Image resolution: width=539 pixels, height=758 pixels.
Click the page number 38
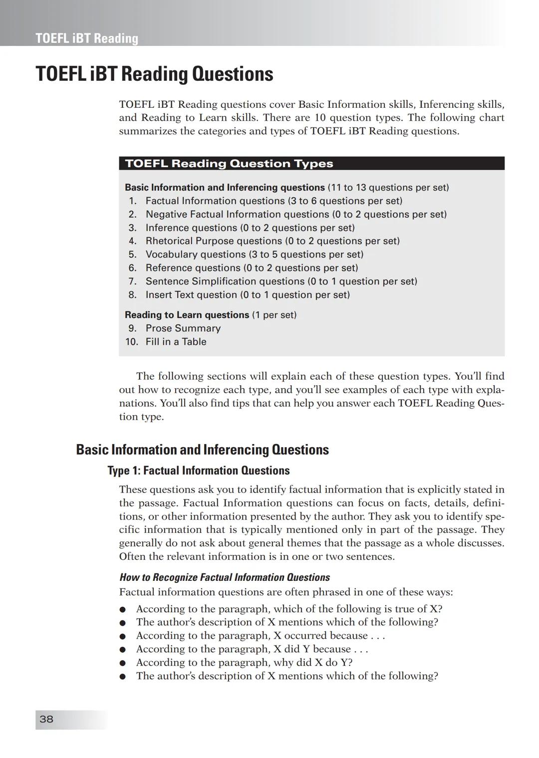coord(46,719)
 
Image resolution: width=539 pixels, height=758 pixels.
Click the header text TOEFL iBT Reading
coord(87,38)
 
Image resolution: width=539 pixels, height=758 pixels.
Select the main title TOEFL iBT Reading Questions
coord(154,74)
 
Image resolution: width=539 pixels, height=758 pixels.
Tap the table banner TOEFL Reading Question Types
coord(229,164)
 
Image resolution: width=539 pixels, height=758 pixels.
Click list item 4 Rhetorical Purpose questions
coord(272,241)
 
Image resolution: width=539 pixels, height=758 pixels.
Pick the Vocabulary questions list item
coord(254,254)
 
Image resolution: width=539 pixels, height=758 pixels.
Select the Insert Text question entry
coord(247,295)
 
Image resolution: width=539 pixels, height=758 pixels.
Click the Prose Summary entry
coord(183,328)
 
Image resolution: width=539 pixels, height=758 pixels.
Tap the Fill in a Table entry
coord(176,342)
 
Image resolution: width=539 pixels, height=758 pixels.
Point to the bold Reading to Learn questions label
coord(187,315)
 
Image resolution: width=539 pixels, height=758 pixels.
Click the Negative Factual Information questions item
coord(295,215)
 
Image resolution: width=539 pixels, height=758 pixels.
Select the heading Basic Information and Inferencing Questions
coord(202,450)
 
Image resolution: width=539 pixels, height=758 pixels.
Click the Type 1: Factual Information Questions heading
coord(199,471)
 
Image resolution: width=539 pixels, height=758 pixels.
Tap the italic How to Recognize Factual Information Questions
coord(225,577)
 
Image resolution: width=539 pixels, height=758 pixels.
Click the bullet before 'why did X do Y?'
coord(122,663)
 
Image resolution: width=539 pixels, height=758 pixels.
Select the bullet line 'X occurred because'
coord(260,636)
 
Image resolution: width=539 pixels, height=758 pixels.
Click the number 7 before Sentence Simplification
coord(132,281)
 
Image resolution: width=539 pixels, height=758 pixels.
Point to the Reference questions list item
coord(252,268)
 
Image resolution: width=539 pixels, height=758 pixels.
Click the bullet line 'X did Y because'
coord(252,649)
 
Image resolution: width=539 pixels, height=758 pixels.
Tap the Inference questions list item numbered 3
coord(250,228)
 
